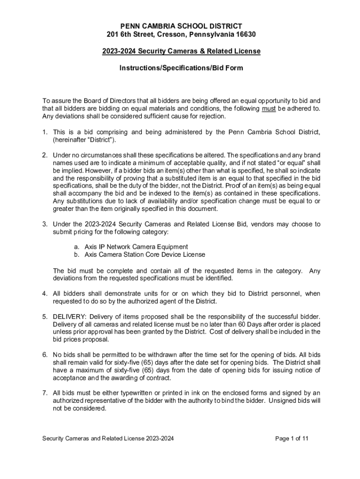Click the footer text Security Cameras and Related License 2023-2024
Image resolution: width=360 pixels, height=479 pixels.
(108, 439)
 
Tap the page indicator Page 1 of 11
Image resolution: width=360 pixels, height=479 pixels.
(292, 439)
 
